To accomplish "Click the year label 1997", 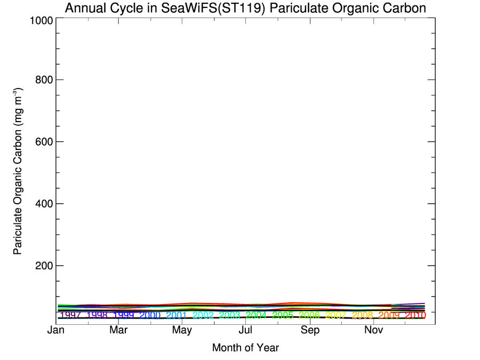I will click(70, 315).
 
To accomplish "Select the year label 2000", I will click(150, 315).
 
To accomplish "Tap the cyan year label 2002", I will click(203, 315).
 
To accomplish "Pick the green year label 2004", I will click(256, 315).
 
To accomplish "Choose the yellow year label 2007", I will click(336, 315).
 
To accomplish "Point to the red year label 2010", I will click(415, 315).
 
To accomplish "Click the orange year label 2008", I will click(363, 315).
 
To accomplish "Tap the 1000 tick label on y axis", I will click(38, 20).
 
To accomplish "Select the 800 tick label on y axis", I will click(42, 80).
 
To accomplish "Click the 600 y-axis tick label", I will click(42, 142).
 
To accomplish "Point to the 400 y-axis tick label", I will click(42, 204).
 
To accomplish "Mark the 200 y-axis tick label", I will click(42, 266).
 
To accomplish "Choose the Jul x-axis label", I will click(246, 331).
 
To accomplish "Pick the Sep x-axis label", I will click(310, 331).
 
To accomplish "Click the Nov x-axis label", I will click(374, 331).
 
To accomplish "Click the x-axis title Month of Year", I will click(245, 348).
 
